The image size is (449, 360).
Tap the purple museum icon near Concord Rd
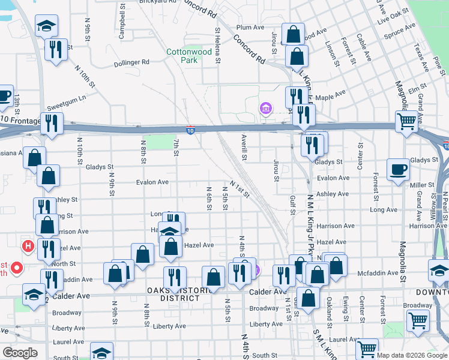coord(265,109)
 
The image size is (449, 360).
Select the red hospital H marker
coord(27,246)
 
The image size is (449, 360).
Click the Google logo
coord(20,353)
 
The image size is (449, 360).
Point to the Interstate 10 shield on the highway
coord(190,130)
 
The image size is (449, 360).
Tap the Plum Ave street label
coord(250,28)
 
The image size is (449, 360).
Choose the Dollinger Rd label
coord(132,62)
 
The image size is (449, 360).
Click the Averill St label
coord(245,147)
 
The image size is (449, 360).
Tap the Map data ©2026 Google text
coord(411,355)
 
